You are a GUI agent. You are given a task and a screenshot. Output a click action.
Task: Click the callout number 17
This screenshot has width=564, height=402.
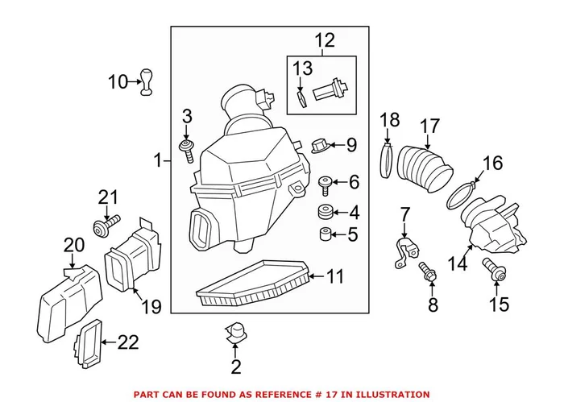430,126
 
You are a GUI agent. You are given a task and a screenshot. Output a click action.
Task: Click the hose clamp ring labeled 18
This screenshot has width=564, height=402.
387,160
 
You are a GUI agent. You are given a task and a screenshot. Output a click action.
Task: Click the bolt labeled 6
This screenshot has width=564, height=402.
326,184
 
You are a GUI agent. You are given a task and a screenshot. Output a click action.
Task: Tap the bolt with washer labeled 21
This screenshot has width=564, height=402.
106,226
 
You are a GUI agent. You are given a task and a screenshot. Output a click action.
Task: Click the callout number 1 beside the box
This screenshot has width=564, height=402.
158,161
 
